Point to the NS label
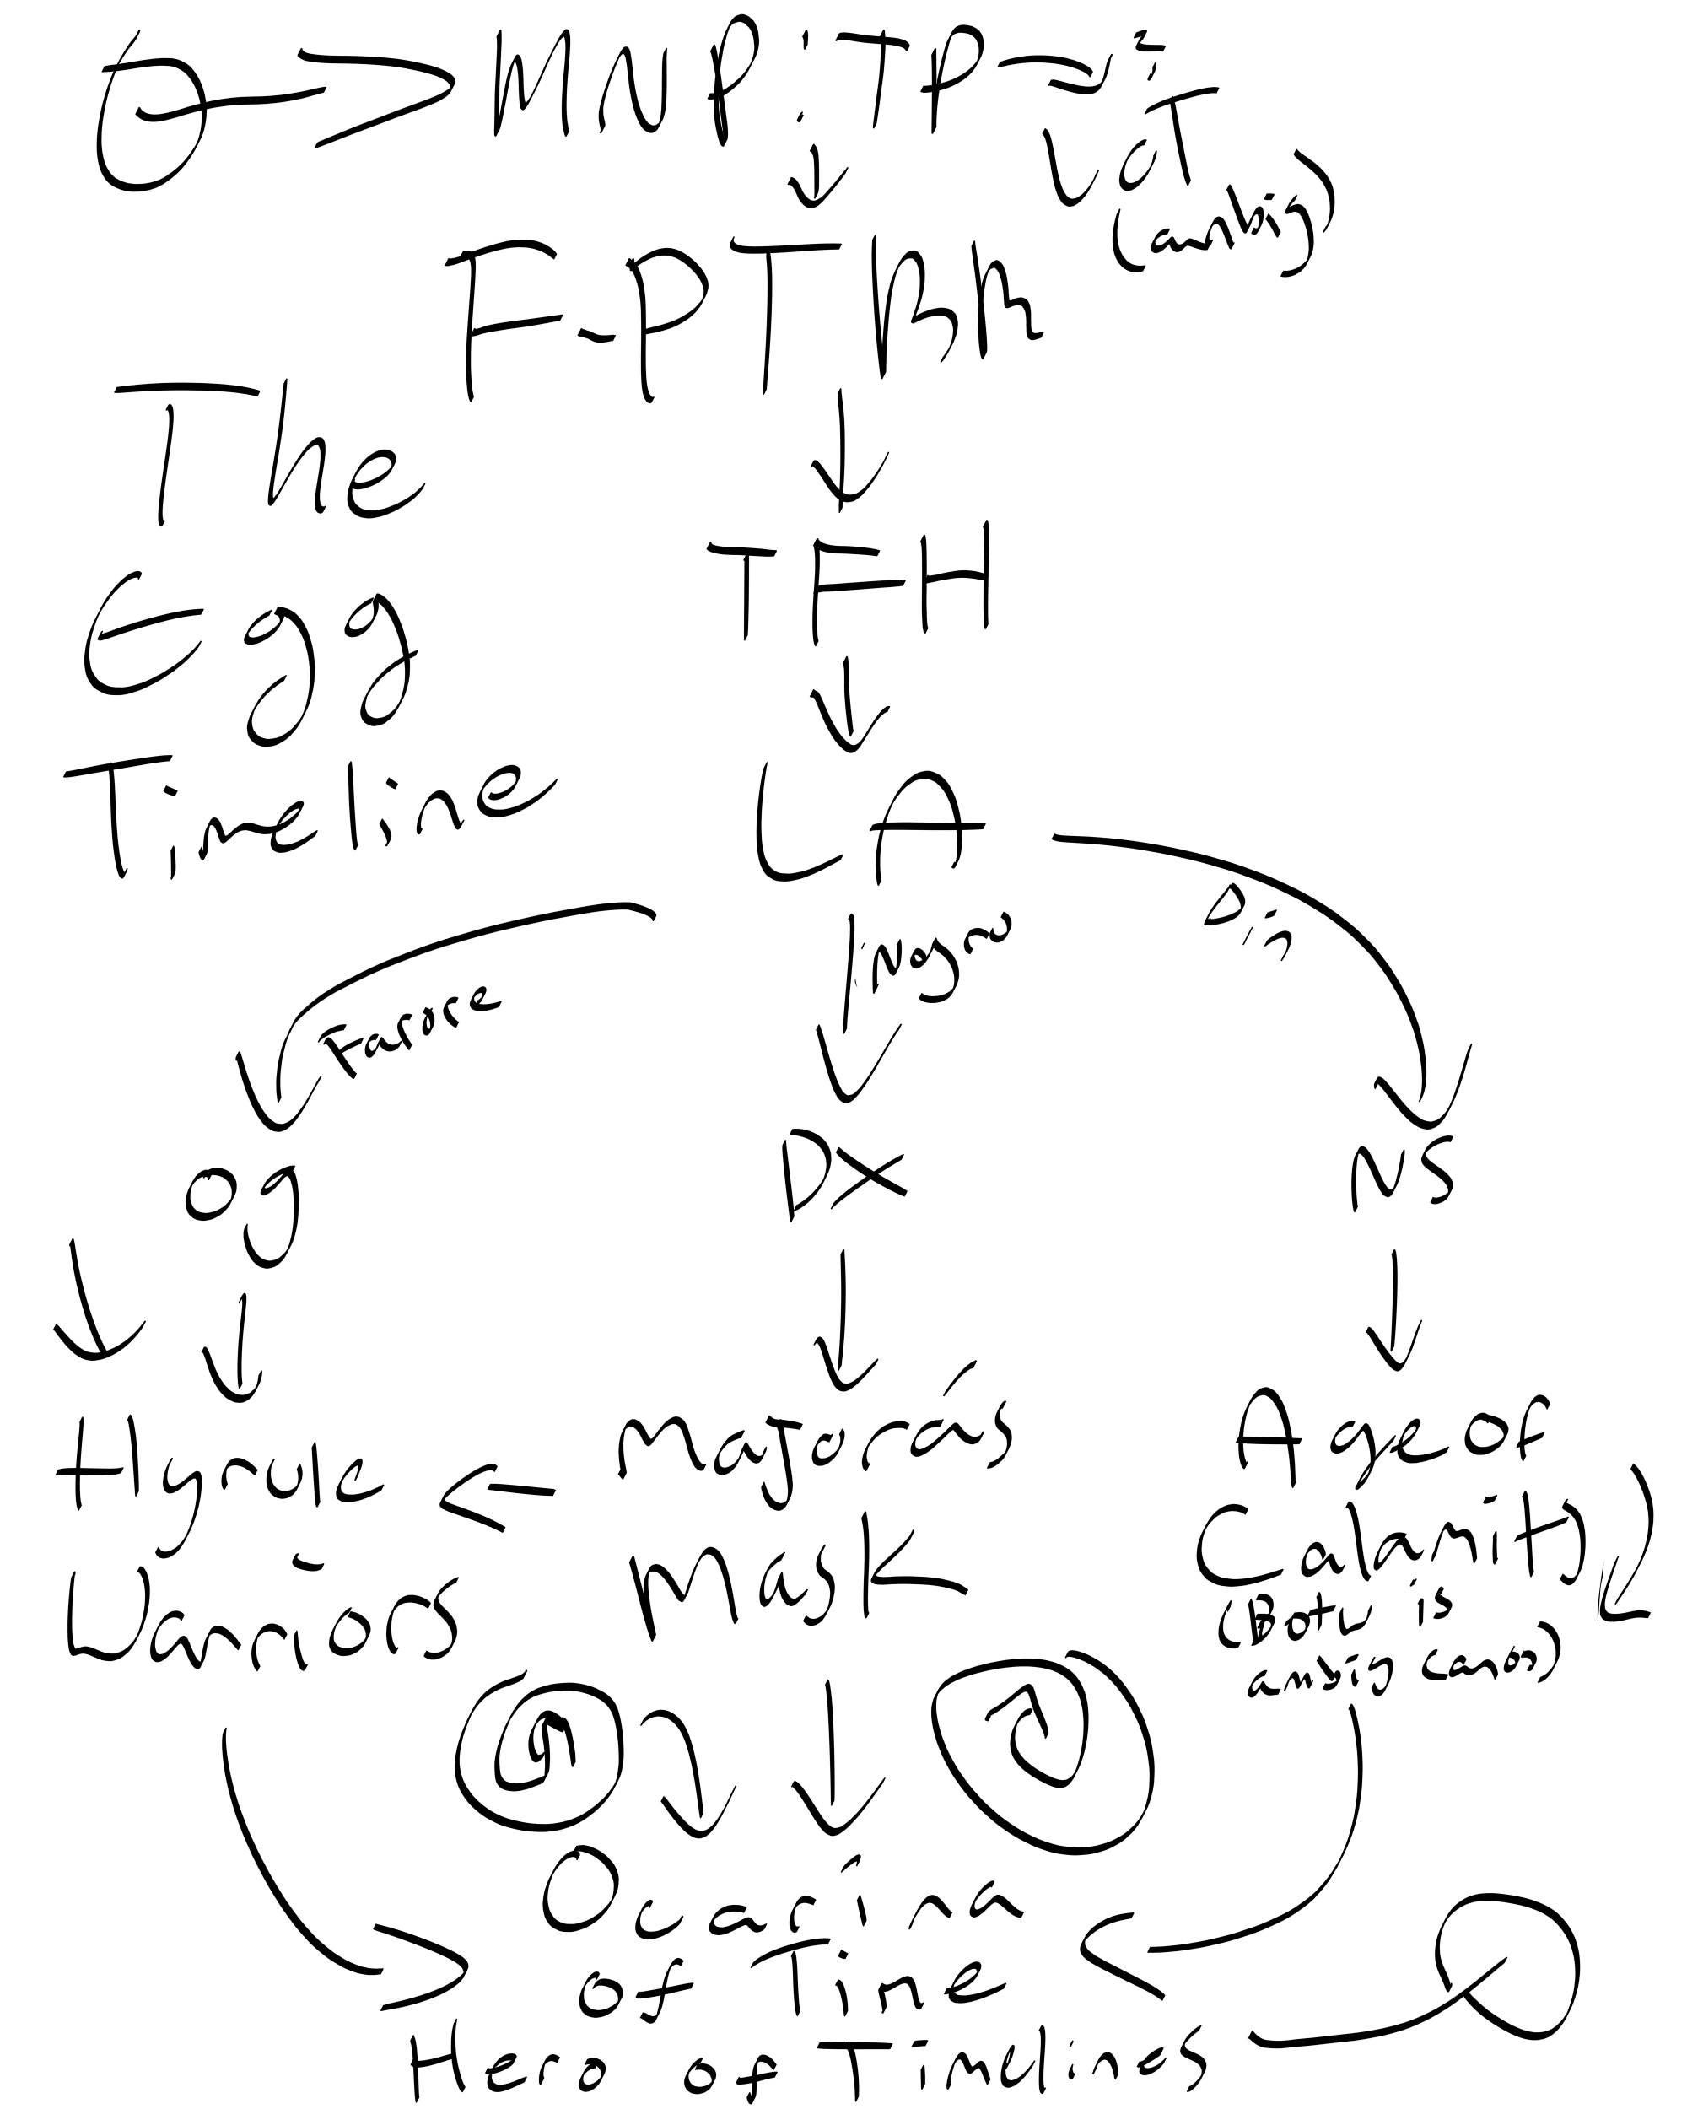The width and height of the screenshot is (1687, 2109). tap(1400, 1173)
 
